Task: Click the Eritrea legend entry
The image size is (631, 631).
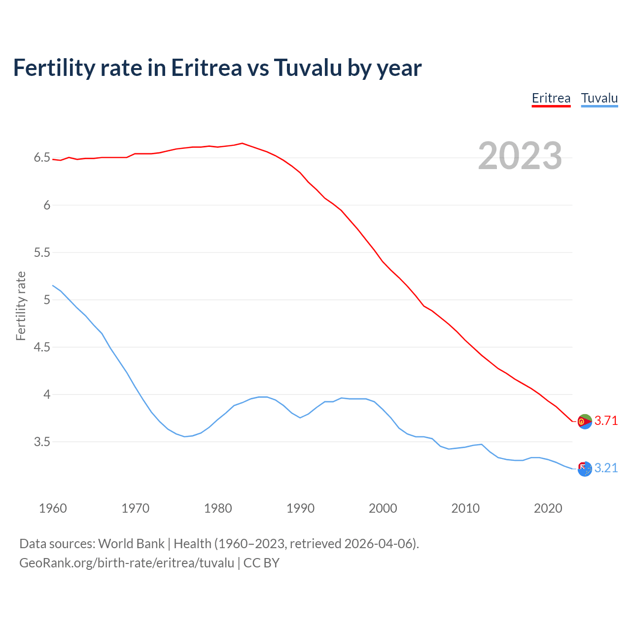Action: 551,98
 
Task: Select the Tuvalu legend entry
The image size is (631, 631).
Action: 599,98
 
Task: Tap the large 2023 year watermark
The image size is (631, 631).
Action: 520,156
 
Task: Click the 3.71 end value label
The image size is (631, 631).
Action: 606,421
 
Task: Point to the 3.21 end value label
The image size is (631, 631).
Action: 606,468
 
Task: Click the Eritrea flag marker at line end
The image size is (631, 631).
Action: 585,421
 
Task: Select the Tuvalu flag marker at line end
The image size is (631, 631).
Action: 585,469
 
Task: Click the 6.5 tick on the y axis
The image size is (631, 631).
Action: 42,158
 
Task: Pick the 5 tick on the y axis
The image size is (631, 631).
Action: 47,300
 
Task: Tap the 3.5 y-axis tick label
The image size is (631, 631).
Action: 42,442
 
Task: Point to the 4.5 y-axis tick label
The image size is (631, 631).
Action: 42,347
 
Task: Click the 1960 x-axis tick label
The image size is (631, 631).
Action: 53,508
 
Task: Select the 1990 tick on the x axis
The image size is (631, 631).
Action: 300,508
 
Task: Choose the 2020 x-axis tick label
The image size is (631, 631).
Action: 548,508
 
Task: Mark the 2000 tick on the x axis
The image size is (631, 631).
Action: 383,508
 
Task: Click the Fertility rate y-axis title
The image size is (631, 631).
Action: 21,306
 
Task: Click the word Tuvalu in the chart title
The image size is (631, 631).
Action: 308,68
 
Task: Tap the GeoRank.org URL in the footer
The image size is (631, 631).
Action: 127,562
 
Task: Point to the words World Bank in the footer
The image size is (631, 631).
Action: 131,543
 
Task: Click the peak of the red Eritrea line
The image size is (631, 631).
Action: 242,143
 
